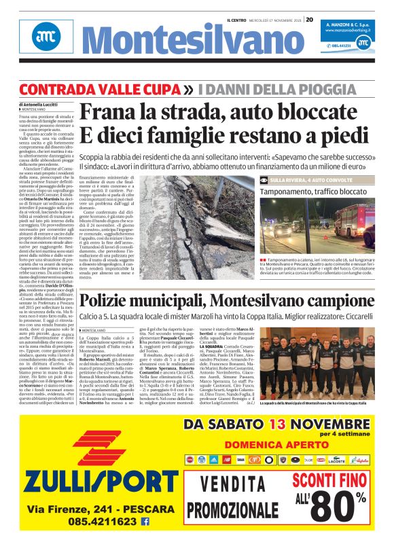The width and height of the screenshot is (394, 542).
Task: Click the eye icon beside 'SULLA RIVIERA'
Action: pyautogui.click(x=283, y=179)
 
